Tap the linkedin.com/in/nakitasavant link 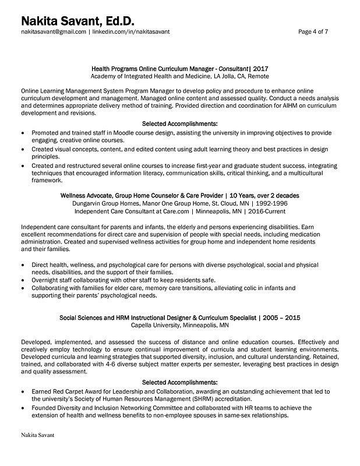tap(131, 32)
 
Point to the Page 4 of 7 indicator tap(313, 32)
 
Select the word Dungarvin tap(88, 203)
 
